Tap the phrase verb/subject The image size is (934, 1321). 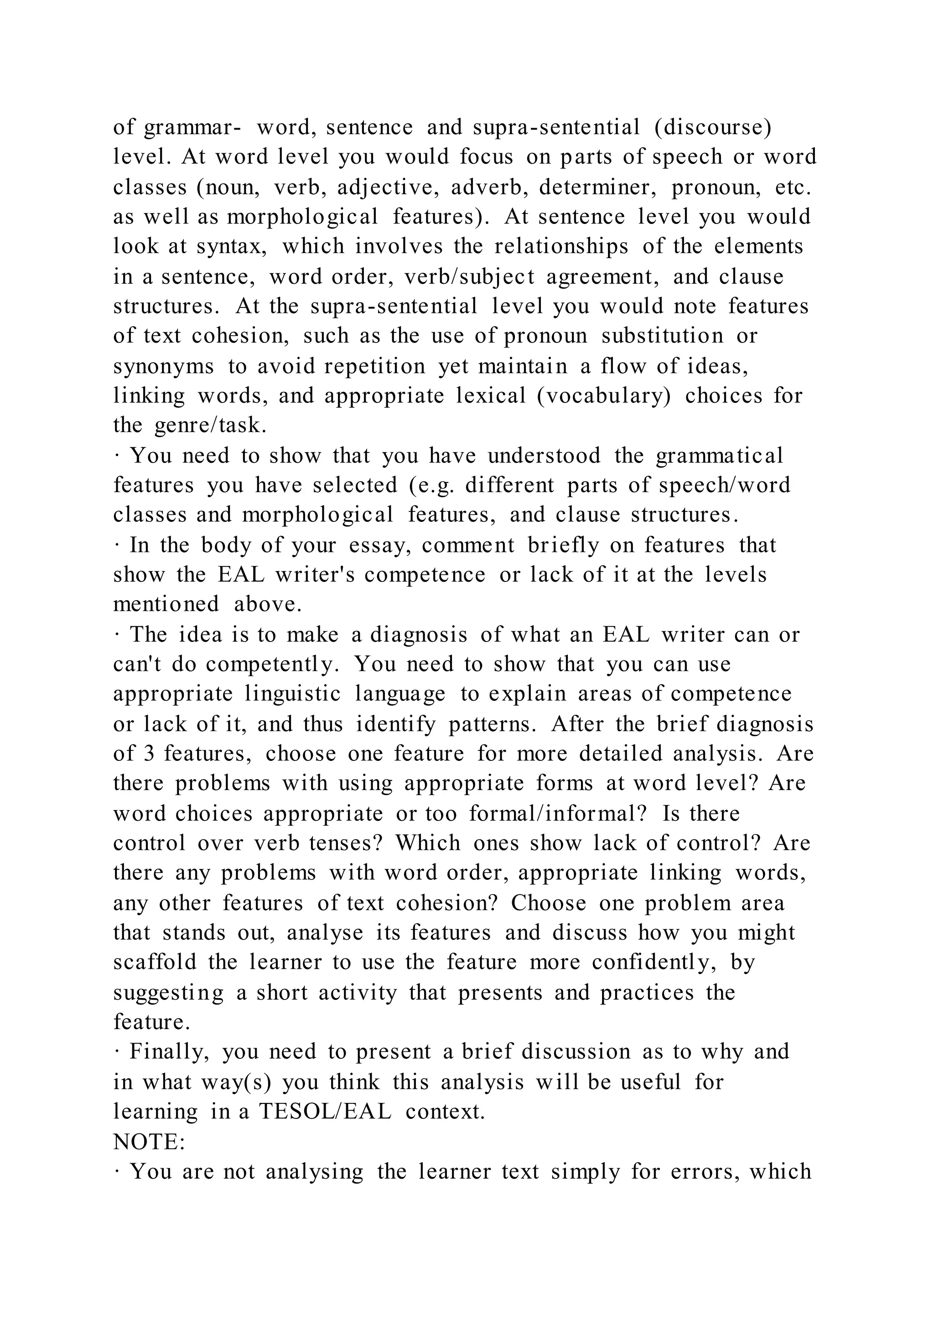click(469, 277)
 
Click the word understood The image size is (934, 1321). click(544, 456)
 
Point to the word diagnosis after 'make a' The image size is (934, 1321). click(418, 634)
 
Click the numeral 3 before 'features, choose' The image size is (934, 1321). click(149, 754)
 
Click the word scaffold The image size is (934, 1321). click(155, 962)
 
